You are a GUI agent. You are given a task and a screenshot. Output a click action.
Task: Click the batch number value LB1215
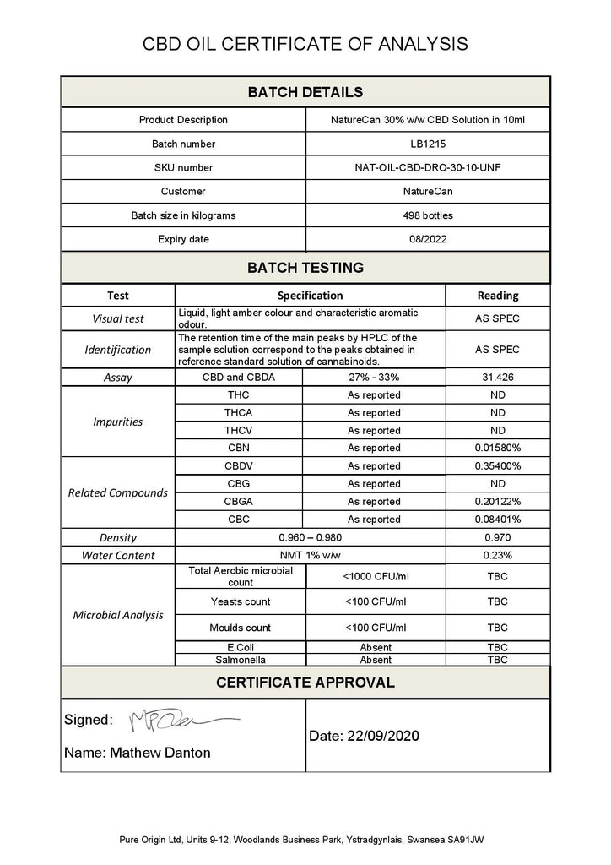(427, 144)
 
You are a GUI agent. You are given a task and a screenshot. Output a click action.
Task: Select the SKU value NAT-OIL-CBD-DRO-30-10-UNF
(427, 167)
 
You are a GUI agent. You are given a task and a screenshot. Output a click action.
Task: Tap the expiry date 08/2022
(427, 239)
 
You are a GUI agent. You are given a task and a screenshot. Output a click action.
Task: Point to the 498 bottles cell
(427, 215)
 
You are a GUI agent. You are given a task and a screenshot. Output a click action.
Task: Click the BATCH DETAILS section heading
(305, 92)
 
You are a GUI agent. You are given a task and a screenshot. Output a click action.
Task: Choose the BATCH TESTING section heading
(305, 268)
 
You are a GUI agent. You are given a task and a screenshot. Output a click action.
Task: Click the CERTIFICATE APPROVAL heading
(305, 682)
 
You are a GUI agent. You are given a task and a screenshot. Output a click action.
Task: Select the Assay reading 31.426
(497, 378)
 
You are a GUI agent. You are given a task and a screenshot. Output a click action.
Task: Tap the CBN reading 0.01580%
(497, 449)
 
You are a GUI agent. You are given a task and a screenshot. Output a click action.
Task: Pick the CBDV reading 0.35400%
(497, 466)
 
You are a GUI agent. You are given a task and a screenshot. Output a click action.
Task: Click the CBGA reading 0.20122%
(497, 502)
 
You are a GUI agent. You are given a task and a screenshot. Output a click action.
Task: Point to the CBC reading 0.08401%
(497, 520)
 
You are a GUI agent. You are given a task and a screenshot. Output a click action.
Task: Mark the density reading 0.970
(497, 537)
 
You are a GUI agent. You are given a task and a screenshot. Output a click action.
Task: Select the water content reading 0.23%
(497, 555)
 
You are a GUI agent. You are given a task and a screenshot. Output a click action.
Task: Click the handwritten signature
(181, 721)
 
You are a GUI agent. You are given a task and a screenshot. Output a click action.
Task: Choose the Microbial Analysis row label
(118, 615)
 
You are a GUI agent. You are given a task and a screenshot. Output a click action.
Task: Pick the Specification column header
(310, 296)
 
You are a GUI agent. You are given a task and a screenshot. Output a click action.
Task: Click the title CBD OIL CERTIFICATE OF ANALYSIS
(305, 44)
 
